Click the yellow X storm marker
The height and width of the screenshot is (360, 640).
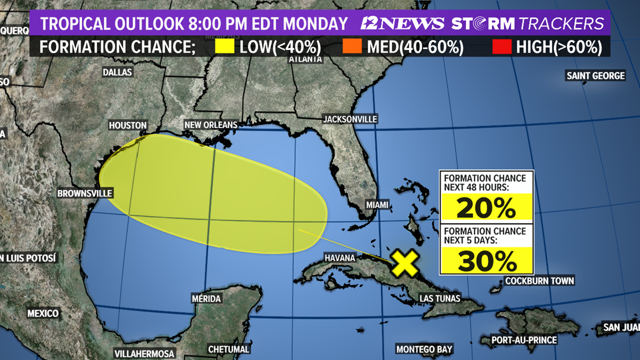click(405, 263)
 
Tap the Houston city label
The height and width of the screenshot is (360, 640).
click(128, 126)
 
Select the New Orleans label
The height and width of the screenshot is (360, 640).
click(211, 125)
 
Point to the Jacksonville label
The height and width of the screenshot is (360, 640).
click(350, 119)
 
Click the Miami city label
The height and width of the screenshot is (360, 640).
click(377, 205)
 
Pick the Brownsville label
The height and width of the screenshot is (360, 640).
click(85, 193)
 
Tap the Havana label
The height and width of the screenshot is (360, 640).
click(340, 258)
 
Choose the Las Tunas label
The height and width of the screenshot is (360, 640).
click(440, 298)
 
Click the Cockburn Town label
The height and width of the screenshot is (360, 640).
click(540, 281)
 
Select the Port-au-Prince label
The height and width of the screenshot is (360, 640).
click(524, 340)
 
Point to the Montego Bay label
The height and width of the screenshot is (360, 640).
click(424, 349)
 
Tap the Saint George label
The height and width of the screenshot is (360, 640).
click(595, 76)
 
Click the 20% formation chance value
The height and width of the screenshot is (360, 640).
click(486, 208)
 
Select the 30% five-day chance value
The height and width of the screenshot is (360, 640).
click(486, 261)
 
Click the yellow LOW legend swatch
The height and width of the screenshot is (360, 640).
click(225, 47)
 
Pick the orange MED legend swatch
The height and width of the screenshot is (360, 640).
click(352, 47)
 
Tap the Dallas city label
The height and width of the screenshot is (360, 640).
click(117, 72)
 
